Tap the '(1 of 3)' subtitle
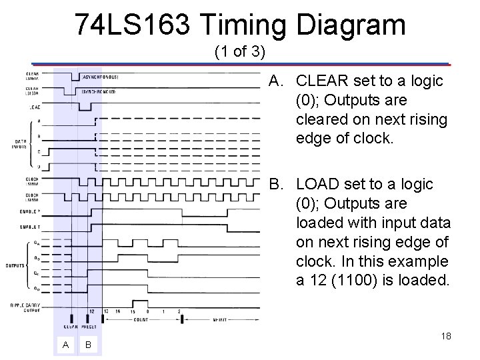pyautogui.click(x=241, y=51)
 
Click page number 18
pyautogui.click(x=446, y=336)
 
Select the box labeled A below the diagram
pyautogui.click(x=65, y=345)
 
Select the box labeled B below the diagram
pyautogui.click(x=89, y=345)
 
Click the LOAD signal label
pyautogui.click(x=32, y=107)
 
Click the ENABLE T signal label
pyautogui.click(x=30, y=227)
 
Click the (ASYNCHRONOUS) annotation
pyautogui.click(x=99, y=76)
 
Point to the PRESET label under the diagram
pyautogui.click(x=89, y=326)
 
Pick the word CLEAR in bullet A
pyautogui.click(x=321, y=81)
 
